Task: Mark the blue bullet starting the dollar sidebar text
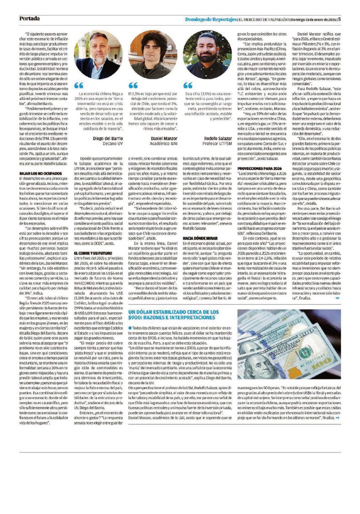(130, 327)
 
